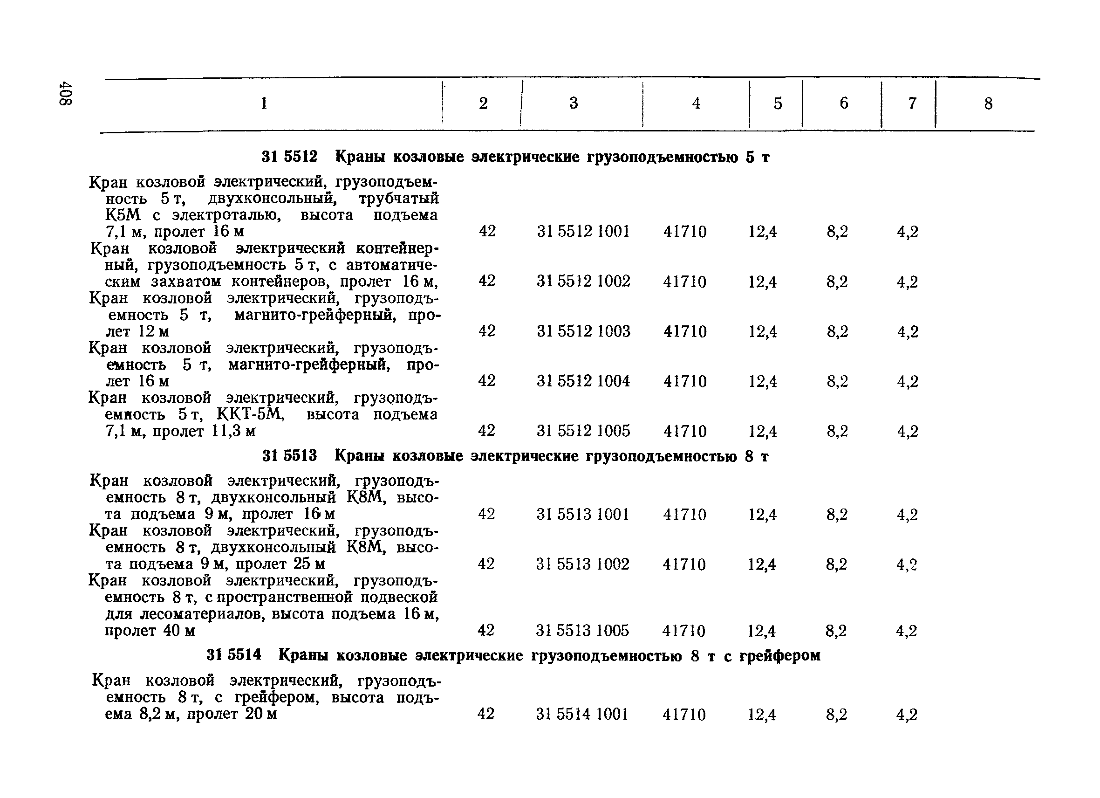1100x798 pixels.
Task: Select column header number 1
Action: [264, 103]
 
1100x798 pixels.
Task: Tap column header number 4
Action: [696, 103]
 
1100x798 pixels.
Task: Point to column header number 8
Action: [988, 103]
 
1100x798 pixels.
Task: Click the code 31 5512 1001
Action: [583, 231]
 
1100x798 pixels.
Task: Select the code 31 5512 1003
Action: [583, 331]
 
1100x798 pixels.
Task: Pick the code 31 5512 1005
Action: [583, 431]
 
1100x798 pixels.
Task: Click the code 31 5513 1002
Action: [582, 564]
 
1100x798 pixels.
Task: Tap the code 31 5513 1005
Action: [582, 631]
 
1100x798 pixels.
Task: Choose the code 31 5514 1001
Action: [582, 714]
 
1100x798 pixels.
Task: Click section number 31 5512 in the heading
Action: [289, 157]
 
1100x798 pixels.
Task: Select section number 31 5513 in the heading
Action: [289, 456]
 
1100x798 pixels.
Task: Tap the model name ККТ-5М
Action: [250, 414]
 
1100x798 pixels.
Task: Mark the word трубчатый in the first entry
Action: [398, 199]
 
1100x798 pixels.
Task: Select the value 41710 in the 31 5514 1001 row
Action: [684, 714]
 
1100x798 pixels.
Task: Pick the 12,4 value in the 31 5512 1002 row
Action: [762, 282]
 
